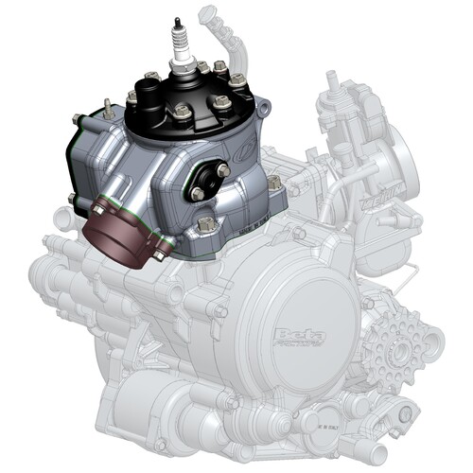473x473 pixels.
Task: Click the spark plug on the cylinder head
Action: (178, 52)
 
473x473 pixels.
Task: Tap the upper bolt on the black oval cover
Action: (223, 171)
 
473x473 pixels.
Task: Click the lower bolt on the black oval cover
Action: (196, 194)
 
